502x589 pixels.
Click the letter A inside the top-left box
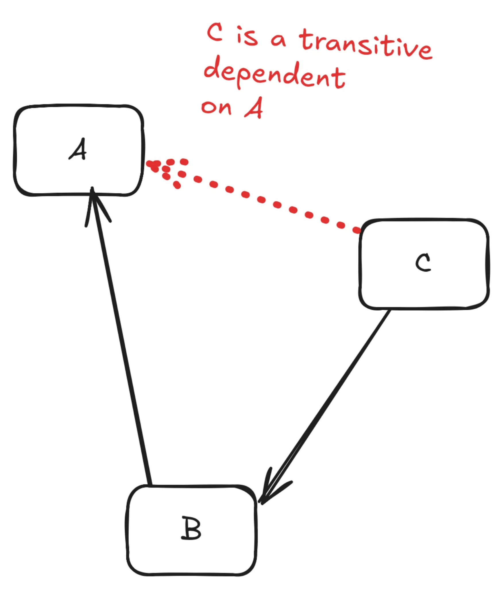click(78, 150)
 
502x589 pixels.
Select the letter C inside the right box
click(423, 262)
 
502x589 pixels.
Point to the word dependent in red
click(274, 74)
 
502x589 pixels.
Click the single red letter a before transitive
click(278, 40)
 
